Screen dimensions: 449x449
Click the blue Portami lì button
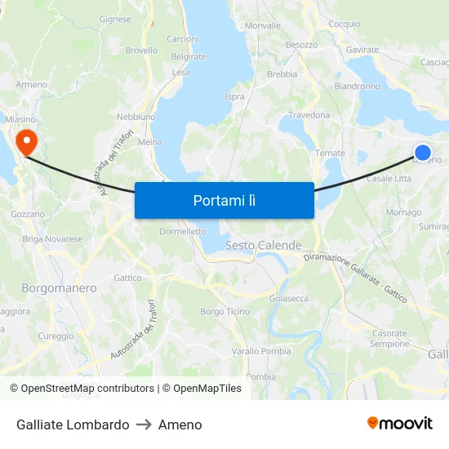[x=224, y=200]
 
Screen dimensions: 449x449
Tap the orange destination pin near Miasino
[x=27, y=142]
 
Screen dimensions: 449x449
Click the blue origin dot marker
[x=423, y=152]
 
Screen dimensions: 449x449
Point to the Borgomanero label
[x=59, y=288]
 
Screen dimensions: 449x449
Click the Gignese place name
[x=115, y=19]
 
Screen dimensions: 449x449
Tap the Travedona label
[x=309, y=115]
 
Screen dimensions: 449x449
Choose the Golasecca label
[x=289, y=299]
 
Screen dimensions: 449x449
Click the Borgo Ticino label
[x=224, y=312]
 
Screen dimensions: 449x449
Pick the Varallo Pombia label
[x=261, y=351]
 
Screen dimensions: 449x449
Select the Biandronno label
[x=357, y=86]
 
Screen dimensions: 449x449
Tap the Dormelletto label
[x=183, y=231]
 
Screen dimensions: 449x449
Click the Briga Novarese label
[x=52, y=239]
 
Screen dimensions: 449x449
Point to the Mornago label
[x=403, y=212]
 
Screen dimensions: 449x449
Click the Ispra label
[x=234, y=96]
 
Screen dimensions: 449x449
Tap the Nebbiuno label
[x=136, y=117]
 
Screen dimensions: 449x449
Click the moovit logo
[x=399, y=423]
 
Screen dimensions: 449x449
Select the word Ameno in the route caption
[x=180, y=425]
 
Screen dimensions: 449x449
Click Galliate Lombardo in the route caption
[x=73, y=425]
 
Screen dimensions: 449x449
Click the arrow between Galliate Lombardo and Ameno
[x=144, y=425]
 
